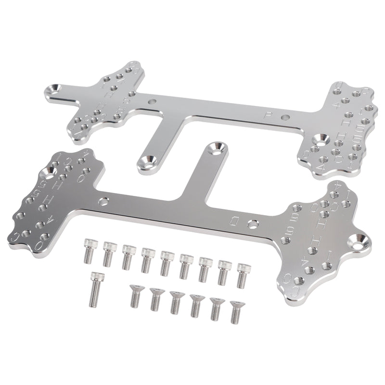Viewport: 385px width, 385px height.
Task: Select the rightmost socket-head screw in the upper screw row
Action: pyautogui.click(x=243, y=276)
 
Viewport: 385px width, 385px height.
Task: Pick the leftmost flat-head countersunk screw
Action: pyautogui.click(x=135, y=295)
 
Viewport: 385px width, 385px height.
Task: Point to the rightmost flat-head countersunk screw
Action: pyautogui.click(x=235, y=311)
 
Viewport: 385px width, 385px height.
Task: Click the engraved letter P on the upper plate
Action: pyautogui.click(x=269, y=115)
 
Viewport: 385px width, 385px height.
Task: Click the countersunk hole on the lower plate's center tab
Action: pyautogui.click(x=219, y=148)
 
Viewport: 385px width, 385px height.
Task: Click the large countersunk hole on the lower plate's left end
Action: pyautogui.click(x=50, y=170)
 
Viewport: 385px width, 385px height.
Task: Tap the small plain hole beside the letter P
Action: pyautogui.click(x=286, y=117)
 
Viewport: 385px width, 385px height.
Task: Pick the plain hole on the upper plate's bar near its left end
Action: pyautogui.click(x=153, y=102)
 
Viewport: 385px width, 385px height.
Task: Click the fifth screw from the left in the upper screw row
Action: pyautogui.click(x=167, y=262)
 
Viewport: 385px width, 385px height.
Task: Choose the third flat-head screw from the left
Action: pyautogui.click(x=176, y=303)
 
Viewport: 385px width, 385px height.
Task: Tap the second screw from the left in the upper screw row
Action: pyautogui.click(x=109, y=254)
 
